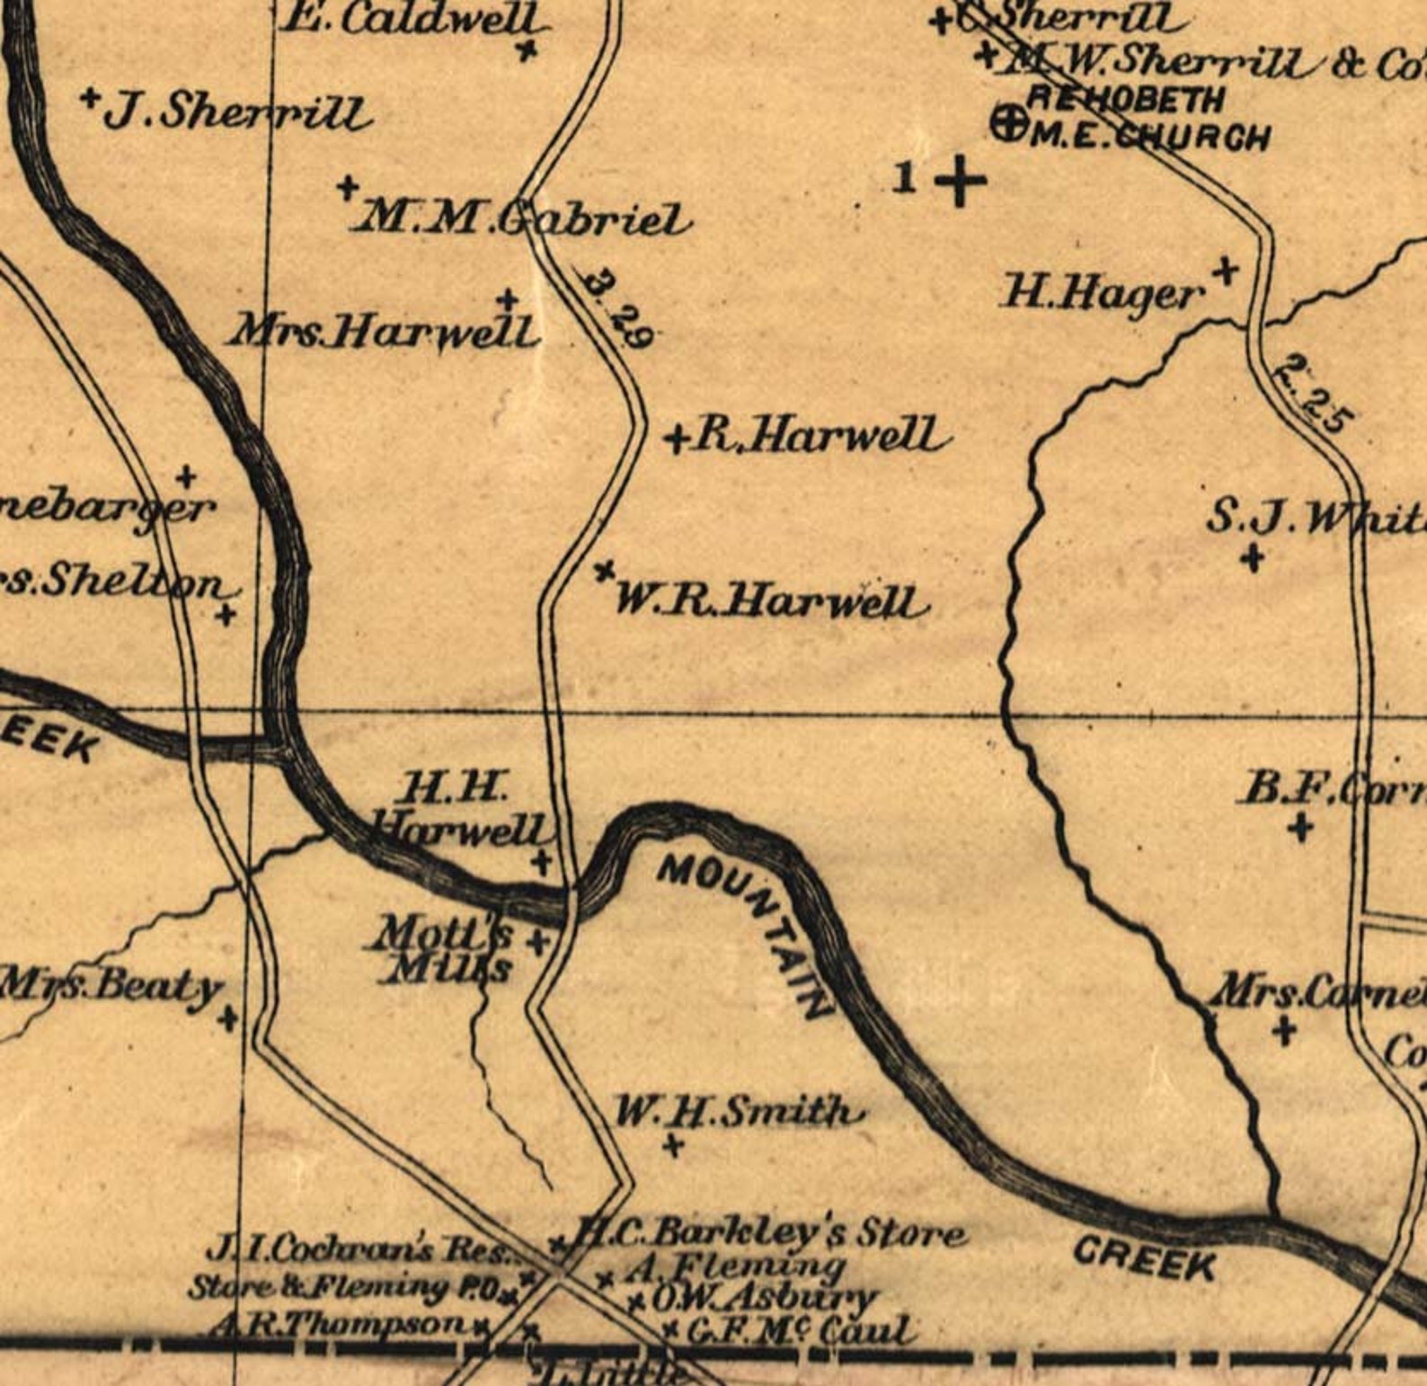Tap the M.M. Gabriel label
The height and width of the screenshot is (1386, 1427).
pyautogui.click(x=525, y=218)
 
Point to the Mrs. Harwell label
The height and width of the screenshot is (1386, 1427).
pyautogui.click(x=385, y=332)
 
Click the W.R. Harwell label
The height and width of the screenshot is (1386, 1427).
pyautogui.click(x=769, y=600)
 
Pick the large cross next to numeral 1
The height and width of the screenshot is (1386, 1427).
pyautogui.click(x=961, y=181)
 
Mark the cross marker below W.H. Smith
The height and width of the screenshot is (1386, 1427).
pyautogui.click(x=672, y=1146)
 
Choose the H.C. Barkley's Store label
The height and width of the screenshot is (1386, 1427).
pyautogui.click(x=771, y=1232)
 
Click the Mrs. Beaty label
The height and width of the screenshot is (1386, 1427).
pyautogui.click(x=111, y=986)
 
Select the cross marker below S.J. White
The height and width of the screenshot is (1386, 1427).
pyautogui.click(x=1253, y=558)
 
